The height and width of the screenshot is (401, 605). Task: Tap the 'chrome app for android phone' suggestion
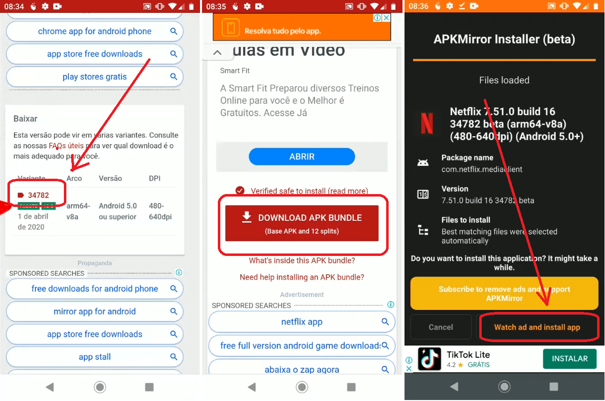click(95, 31)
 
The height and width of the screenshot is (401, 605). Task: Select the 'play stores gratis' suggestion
click(95, 77)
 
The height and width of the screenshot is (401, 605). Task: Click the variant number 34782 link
click(38, 195)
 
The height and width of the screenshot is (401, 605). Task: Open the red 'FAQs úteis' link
click(66, 146)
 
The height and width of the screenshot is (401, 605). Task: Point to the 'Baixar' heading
click(25, 119)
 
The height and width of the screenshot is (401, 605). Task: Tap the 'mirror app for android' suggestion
click(95, 311)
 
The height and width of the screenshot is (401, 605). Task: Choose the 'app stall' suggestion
click(95, 357)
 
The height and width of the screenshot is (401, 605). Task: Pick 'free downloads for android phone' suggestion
click(95, 289)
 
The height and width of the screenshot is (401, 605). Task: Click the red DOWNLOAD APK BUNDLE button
click(302, 223)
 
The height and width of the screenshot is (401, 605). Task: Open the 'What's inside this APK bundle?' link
click(302, 260)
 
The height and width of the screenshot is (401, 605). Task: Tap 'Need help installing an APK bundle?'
click(302, 277)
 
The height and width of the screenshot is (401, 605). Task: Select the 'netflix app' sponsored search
click(302, 322)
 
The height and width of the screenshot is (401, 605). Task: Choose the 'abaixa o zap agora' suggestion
click(302, 369)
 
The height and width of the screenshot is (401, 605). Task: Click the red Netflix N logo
click(426, 123)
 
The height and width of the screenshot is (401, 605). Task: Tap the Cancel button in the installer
click(441, 327)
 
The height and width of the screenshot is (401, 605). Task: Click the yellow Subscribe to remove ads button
click(504, 294)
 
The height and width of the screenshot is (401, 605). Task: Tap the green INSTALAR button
click(569, 358)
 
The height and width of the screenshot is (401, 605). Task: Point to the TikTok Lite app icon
click(429, 359)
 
